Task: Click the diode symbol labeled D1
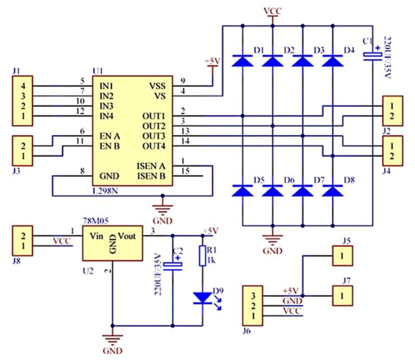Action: click(242, 61)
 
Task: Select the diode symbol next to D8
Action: click(332, 191)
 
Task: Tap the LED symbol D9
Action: click(203, 298)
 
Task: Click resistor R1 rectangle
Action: click(203, 256)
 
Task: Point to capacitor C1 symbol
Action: click(372, 57)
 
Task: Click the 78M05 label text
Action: click(96, 221)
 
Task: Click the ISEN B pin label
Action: click(151, 176)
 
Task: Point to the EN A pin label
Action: click(110, 136)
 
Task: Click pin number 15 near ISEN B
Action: click(185, 171)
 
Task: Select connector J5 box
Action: click(342, 256)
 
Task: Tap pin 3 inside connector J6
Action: click(253, 296)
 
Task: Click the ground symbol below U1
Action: click(163, 209)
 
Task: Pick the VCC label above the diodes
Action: click(272, 11)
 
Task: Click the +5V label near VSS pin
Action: click(212, 61)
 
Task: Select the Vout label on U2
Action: click(127, 236)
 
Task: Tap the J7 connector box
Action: click(342, 296)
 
